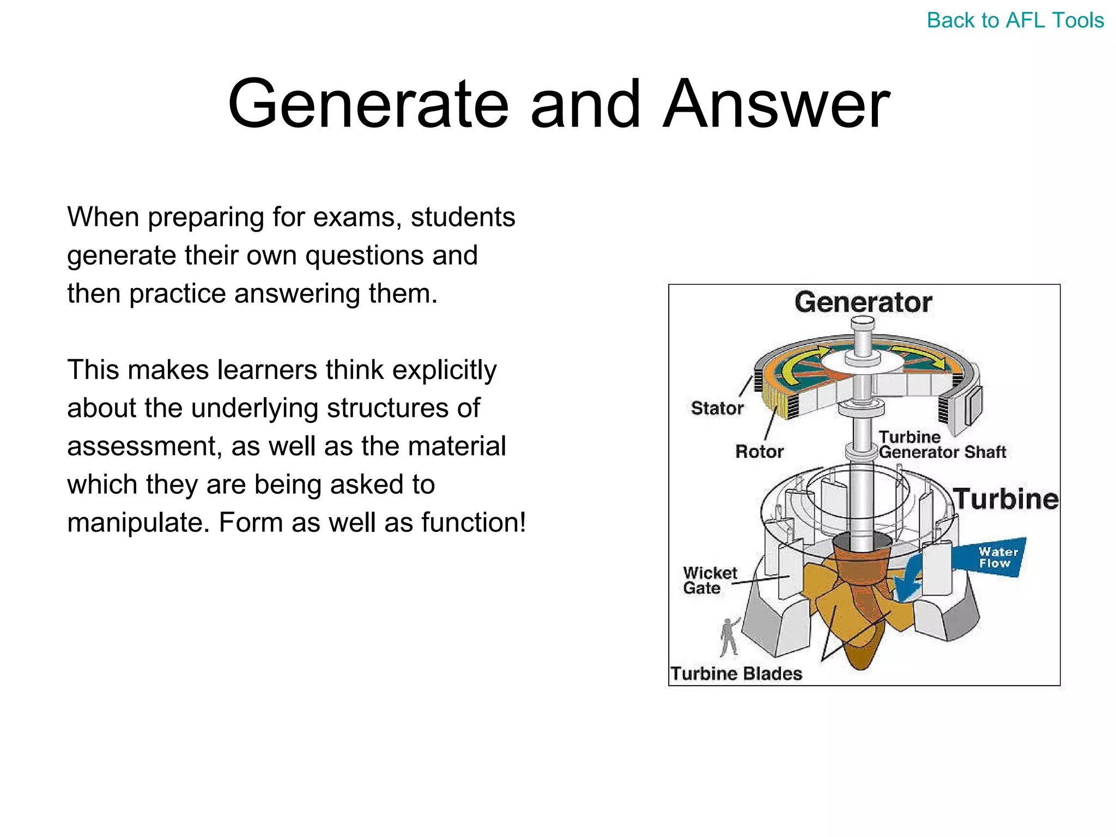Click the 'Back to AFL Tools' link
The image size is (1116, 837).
coord(1015,21)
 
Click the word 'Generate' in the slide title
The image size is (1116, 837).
coord(368,104)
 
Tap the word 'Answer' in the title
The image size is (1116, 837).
coord(776,104)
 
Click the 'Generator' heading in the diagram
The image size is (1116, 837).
coord(863,302)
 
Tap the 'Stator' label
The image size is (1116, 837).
coord(717,408)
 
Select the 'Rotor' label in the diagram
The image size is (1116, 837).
coord(759,452)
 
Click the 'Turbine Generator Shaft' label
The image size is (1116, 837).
coord(942,445)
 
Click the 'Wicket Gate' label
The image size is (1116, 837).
coord(709,580)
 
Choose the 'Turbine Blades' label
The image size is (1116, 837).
coord(736,674)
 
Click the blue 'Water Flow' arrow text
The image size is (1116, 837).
coord(997,558)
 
